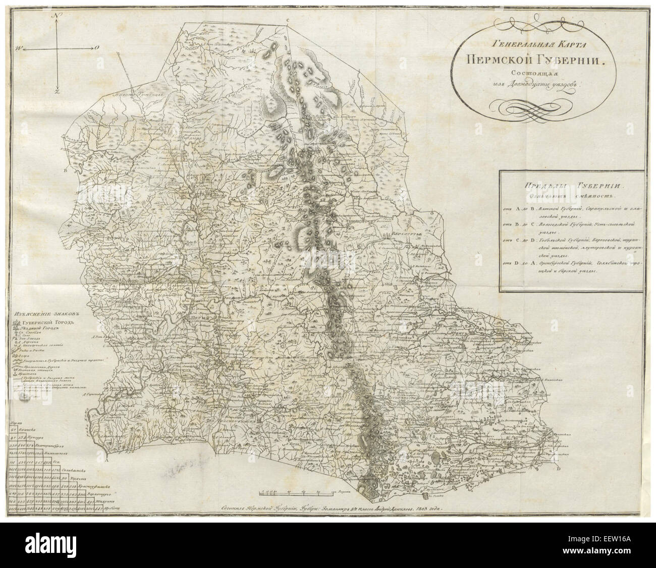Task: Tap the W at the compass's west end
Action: coord(17,48)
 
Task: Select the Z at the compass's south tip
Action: coord(58,92)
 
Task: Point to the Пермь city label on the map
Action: coord(197,319)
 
